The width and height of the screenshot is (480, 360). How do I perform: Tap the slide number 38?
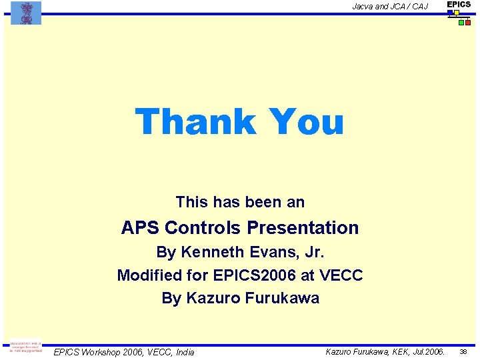(465, 351)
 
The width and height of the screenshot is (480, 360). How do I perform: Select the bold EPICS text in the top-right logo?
(459, 5)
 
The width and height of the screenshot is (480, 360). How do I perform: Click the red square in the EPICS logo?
(468, 23)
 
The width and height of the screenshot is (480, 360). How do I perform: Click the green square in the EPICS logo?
(461, 23)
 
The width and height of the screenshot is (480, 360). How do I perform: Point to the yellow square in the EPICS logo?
(457, 13)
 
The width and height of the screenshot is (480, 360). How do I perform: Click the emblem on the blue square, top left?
(26, 13)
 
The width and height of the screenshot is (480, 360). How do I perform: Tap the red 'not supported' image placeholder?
(26, 348)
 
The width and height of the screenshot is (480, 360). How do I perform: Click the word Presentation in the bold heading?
(303, 228)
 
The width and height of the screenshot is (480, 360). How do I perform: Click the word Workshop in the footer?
(103, 352)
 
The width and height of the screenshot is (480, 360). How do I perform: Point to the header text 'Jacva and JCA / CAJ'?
(390, 7)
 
